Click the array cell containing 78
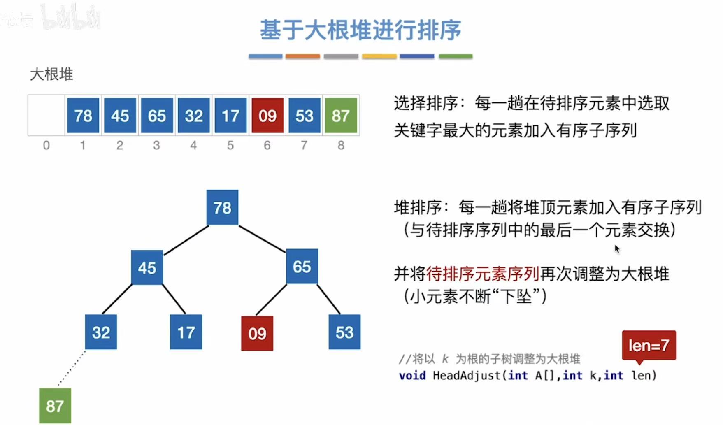click(83, 116)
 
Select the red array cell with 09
click(267, 116)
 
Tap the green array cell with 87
click(341, 116)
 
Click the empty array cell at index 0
click(46, 116)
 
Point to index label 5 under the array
click(230, 145)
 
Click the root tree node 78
click(222, 207)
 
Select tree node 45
click(147, 267)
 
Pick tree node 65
click(302, 267)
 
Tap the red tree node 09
click(257, 333)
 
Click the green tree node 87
click(55, 406)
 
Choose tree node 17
click(186, 332)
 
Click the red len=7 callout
click(649, 345)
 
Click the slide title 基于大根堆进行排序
click(360, 30)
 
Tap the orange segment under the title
click(302, 56)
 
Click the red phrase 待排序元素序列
click(483, 274)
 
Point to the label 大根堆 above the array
click(51, 74)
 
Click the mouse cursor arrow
click(617, 249)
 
